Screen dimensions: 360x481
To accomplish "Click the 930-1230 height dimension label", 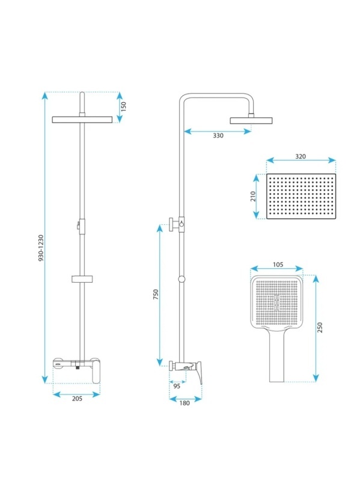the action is pos(41,248).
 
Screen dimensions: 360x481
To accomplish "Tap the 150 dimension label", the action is pos(123,106).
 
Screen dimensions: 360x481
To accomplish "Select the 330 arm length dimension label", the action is pos(218,136).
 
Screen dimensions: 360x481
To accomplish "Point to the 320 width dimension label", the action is pos(301,156).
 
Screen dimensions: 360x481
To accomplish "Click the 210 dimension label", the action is pos(253,197).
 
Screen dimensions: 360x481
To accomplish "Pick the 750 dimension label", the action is pos(156,295).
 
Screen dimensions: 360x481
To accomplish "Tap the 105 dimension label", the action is pos(278,265).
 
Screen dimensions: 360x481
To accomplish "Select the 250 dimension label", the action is pos(320,327).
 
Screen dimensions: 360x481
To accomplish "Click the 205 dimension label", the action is pos(77,399).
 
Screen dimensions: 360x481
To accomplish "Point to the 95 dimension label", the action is pos(177,386).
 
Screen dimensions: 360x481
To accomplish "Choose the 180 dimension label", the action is pos(185,403).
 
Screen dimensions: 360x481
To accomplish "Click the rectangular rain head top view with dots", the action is pos(301,197).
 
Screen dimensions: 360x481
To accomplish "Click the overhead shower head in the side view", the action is pos(251,120).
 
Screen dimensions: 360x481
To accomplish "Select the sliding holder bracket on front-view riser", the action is pos(82,279).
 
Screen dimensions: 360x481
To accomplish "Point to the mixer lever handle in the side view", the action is pos(198,372).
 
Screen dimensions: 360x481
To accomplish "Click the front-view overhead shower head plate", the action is pos(82,119).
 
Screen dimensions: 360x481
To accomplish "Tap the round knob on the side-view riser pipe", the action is pos(182,279).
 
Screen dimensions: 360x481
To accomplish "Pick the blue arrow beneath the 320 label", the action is pos(301,161).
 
